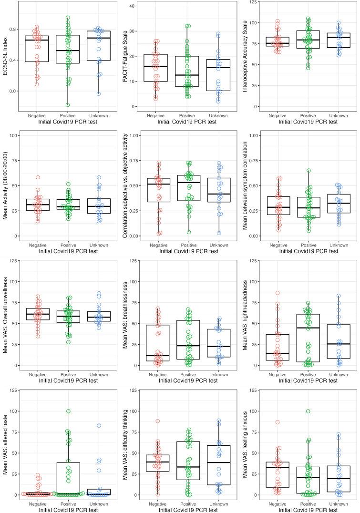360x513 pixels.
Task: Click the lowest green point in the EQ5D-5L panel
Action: pyautogui.click(x=68, y=104)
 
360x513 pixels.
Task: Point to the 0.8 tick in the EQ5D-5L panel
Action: pyautogui.click(x=13, y=29)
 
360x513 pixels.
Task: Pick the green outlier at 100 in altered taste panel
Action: pyautogui.click(x=69, y=411)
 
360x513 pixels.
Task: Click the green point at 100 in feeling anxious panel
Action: pyautogui.click(x=309, y=411)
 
